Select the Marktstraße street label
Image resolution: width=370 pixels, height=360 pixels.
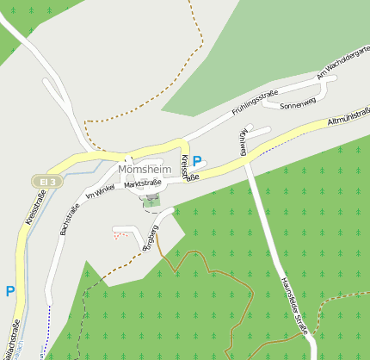coord(142,183)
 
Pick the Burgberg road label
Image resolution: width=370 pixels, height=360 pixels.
coord(149,237)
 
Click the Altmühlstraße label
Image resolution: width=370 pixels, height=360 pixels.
coord(348,123)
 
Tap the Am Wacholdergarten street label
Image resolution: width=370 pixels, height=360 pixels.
coord(343,65)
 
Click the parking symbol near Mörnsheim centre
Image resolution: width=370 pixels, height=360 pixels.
coord(197,160)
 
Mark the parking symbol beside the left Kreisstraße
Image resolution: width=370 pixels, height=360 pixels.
coord(10,291)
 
